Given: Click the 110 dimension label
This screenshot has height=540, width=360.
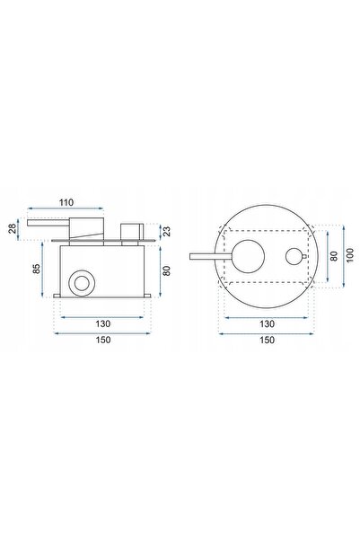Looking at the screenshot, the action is click(66, 202).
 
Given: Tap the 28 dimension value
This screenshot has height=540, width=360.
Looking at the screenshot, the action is click(13, 229).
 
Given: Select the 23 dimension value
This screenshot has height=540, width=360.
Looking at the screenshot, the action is click(167, 231).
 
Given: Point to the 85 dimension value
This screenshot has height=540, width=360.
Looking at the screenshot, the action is click(37, 269).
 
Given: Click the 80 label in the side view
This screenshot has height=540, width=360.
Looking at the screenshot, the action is click(167, 270).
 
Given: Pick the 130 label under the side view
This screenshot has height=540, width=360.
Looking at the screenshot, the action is click(103, 323).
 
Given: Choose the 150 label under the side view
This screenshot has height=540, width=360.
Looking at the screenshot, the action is click(103, 340).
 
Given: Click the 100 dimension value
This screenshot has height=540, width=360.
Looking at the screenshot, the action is click(350, 255).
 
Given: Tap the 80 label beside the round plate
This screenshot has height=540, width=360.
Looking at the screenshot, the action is click(334, 256).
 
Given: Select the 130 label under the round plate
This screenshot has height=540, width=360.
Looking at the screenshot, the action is click(267, 323).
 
